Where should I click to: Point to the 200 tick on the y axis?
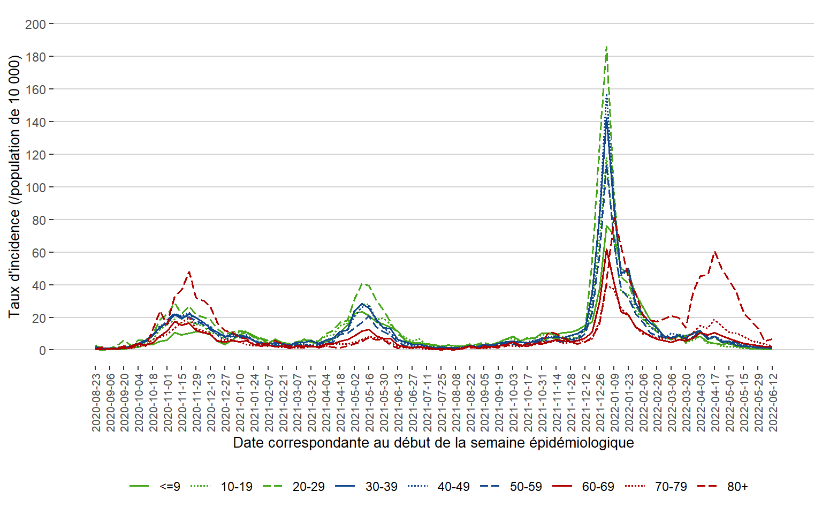click(x=35, y=24)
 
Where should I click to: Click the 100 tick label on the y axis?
click(x=35, y=187)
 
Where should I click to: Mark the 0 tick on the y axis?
click(x=42, y=351)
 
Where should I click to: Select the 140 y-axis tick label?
click(x=35, y=122)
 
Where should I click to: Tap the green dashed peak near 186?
click(x=606, y=47)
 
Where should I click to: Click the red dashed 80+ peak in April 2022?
click(x=715, y=252)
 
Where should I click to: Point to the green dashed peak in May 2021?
click(x=364, y=284)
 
